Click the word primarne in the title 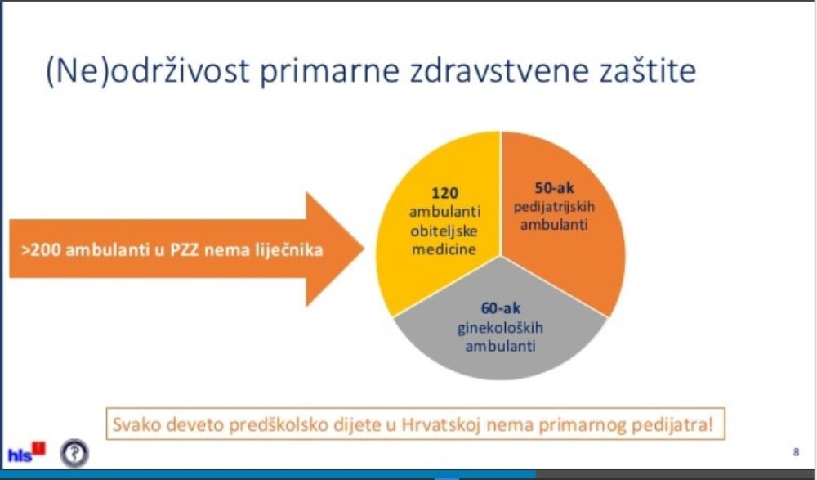329,71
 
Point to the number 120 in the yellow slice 444,193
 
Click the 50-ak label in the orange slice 554,188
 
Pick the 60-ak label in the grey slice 500,308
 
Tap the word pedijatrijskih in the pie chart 554,207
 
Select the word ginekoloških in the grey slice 500,328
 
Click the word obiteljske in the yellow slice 444,231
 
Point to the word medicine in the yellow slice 444,249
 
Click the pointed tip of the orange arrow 364,249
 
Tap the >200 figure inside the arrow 41,249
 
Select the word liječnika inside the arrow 288,250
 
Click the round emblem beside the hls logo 74,453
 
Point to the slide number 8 796,452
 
